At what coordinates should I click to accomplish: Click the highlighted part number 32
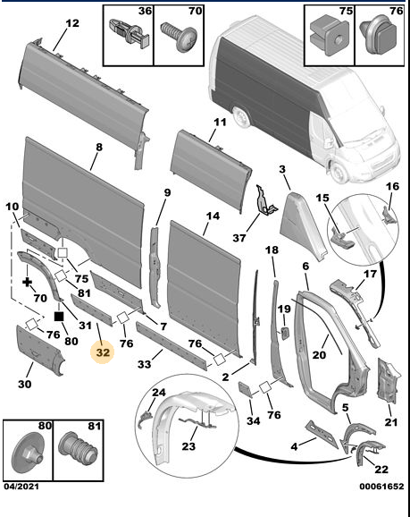(x=104, y=352)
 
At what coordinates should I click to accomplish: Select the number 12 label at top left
(x=71, y=22)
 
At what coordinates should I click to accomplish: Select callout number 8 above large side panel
(x=99, y=146)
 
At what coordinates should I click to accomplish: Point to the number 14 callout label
(x=213, y=216)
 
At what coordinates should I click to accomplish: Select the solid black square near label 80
(x=58, y=316)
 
